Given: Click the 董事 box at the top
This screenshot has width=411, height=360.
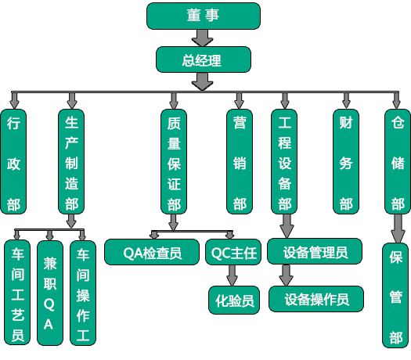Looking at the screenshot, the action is tap(204, 16).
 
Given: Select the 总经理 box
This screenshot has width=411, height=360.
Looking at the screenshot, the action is tap(204, 59).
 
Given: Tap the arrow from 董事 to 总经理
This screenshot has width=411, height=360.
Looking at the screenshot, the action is tap(202, 38).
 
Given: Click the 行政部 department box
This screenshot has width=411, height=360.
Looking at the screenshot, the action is tap(13, 161).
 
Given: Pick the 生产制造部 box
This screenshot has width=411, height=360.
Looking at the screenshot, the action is tap(71, 161).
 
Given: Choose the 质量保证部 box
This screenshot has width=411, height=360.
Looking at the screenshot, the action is tap(174, 161).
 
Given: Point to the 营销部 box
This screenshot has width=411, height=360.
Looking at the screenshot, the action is tap(240, 161).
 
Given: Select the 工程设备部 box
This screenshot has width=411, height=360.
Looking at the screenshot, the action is tap(284, 161).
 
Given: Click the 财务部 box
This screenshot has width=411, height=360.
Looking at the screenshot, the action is tap(346, 161).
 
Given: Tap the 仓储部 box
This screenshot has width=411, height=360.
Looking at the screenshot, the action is tap(398, 161).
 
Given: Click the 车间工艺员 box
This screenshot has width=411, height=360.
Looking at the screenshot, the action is tap(17, 293).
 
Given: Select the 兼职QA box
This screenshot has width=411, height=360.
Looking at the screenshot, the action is tap(50, 293).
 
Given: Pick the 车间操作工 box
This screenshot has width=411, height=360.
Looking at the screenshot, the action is tap(83, 293).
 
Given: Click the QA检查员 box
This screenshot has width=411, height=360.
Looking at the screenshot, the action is tap(152, 252).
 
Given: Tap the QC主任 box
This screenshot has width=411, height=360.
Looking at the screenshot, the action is tap(233, 252).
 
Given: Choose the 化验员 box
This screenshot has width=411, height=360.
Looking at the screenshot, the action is tap(234, 300).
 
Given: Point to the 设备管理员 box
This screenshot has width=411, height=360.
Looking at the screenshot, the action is tap(315, 251).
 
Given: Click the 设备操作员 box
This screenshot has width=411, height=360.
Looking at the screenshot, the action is tap(316, 299).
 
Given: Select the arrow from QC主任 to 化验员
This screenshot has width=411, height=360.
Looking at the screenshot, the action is tap(233, 275).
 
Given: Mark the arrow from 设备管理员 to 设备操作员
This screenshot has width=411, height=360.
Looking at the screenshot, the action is tap(286, 275).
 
